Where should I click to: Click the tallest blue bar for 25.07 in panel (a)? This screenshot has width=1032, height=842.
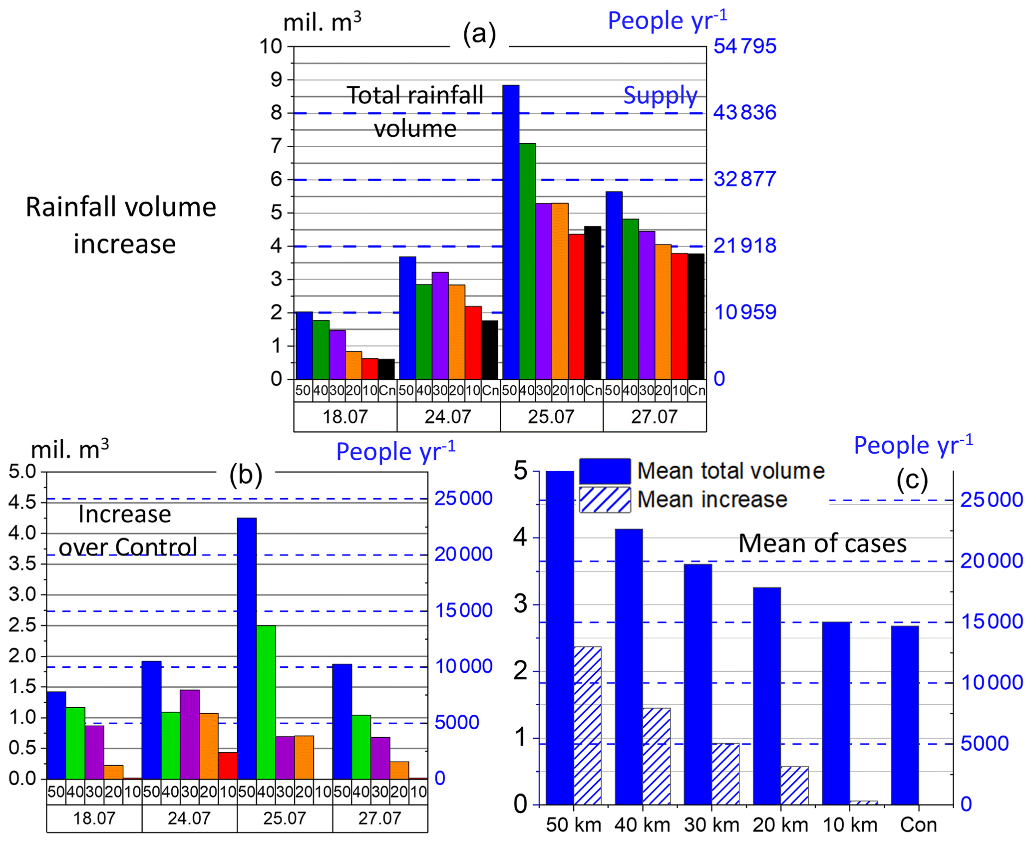point(511,232)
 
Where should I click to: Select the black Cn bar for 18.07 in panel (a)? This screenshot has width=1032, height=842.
point(386,369)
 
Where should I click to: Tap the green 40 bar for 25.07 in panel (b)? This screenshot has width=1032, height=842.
point(266,702)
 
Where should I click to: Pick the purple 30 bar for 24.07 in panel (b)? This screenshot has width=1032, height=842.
point(190,734)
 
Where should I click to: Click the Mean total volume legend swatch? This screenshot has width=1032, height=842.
point(605,471)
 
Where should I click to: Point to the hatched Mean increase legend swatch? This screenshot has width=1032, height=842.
point(605,500)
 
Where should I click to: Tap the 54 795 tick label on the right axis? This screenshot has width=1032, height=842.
point(744,46)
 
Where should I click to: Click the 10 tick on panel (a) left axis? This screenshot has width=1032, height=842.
point(271,46)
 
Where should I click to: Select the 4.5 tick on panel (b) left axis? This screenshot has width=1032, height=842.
point(22,502)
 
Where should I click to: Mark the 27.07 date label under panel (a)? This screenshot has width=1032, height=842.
point(654,417)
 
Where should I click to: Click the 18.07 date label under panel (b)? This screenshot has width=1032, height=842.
point(94,819)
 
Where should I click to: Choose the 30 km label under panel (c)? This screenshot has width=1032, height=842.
point(711,825)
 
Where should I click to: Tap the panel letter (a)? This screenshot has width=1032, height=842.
point(479,34)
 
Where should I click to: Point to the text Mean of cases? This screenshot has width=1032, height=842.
point(822,543)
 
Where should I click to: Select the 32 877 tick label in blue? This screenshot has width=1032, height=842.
point(744,179)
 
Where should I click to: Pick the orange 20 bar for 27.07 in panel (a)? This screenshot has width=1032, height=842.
point(663,311)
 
